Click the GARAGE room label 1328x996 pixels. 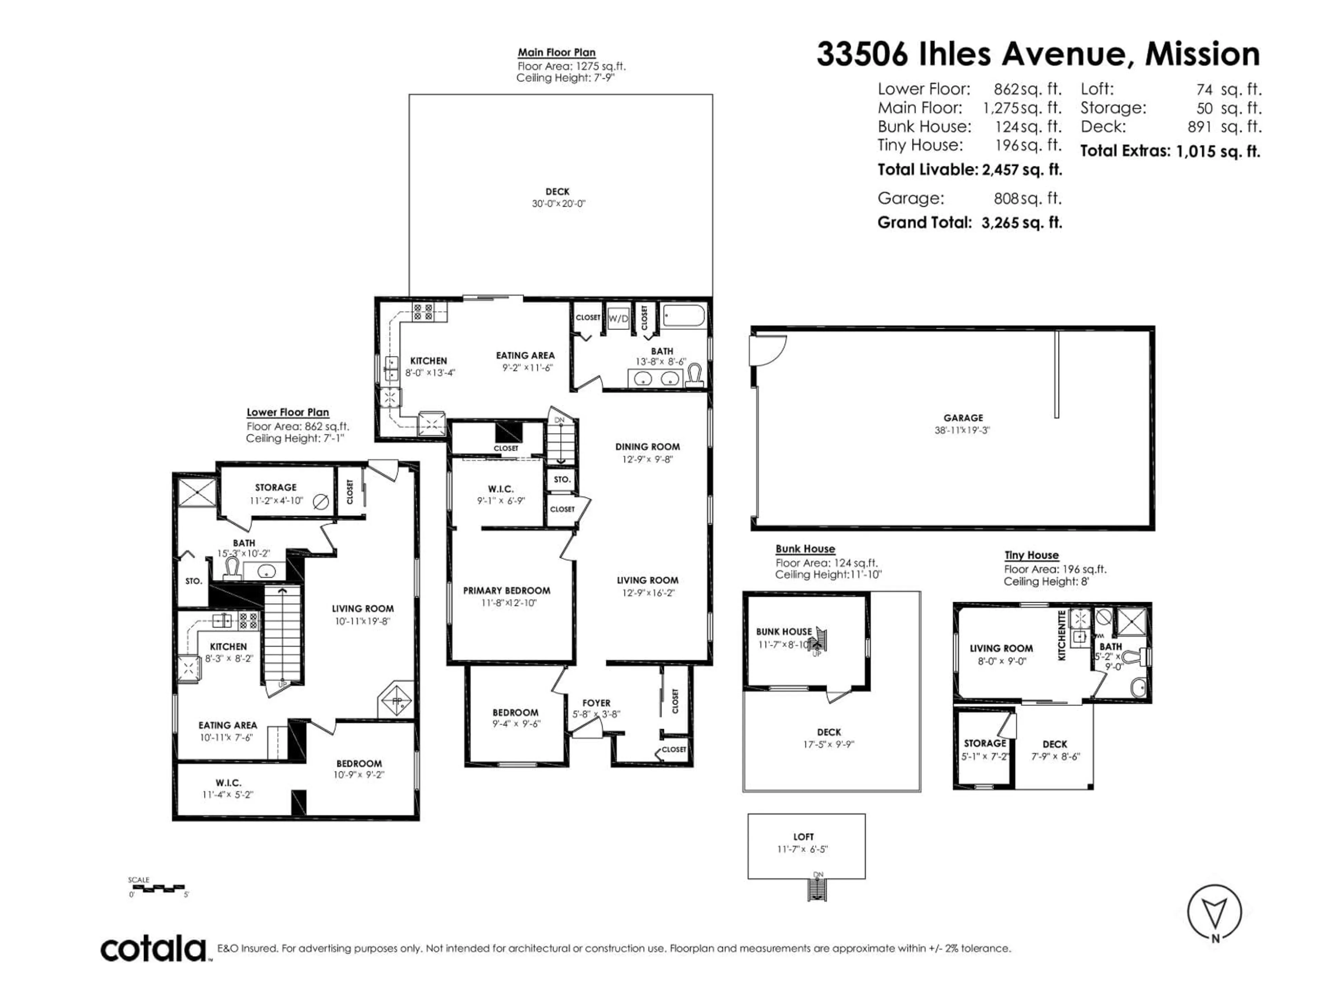pyautogui.click(x=963, y=418)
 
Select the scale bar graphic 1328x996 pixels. pyautogui.click(x=157, y=887)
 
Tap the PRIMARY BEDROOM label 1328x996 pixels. pyautogui.click(x=507, y=591)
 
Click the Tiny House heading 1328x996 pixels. pyautogui.click(x=1031, y=555)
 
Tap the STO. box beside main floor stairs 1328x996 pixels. pyautogui.click(x=562, y=480)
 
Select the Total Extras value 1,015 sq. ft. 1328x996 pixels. pyautogui.click(x=1218, y=151)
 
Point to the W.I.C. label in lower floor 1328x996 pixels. pyautogui.click(x=228, y=783)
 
